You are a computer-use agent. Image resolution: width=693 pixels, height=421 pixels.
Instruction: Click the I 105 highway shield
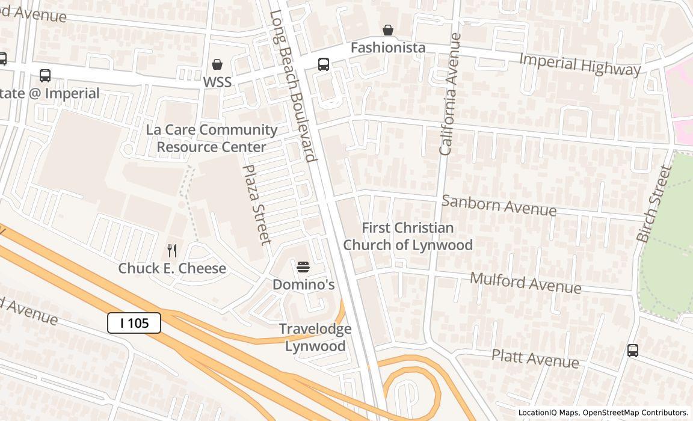click(134, 323)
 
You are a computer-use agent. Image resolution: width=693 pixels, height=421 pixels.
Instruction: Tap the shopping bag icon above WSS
click(217, 64)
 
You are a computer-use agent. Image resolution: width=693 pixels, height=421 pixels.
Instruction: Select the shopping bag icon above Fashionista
click(388, 30)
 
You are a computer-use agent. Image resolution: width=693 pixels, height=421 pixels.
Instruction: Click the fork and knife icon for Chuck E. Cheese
click(172, 250)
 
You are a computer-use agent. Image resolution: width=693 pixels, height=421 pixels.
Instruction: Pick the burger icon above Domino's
click(303, 266)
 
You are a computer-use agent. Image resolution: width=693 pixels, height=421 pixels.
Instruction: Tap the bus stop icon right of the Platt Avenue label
click(632, 351)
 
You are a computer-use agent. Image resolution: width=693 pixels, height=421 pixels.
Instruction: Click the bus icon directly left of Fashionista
click(323, 64)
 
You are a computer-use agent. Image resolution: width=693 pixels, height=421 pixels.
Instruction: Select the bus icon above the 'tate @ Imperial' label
click(45, 76)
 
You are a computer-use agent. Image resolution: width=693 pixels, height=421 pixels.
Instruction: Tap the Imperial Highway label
click(579, 65)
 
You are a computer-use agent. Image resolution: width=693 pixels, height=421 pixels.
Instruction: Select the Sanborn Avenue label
click(499, 205)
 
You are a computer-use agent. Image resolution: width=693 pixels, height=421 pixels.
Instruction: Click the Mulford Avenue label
click(525, 283)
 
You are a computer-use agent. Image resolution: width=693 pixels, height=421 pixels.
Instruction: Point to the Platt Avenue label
click(535, 358)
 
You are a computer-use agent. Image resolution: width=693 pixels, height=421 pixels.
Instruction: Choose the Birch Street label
click(654, 204)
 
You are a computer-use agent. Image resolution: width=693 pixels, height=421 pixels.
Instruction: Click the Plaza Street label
click(257, 204)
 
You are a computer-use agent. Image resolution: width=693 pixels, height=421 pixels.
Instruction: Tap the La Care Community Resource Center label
click(212, 138)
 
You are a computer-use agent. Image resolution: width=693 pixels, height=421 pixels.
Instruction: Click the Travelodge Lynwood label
click(315, 337)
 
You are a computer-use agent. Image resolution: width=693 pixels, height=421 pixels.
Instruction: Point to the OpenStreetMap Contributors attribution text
click(636, 413)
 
